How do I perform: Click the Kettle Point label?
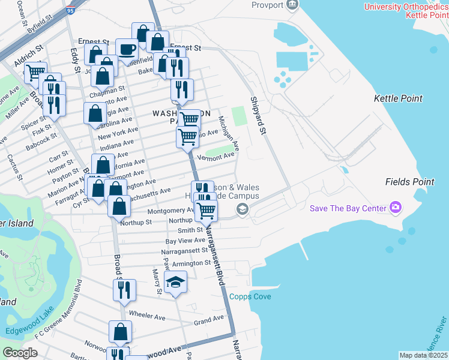(x=398, y=98)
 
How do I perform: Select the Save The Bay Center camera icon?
(x=396, y=208)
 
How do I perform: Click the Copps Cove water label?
(x=250, y=297)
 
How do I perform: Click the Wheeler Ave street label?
(x=147, y=316)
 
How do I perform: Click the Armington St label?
(x=191, y=263)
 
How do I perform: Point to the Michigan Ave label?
(x=229, y=133)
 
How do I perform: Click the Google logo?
(x=20, y=353)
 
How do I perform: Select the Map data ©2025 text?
(x=423, y=355)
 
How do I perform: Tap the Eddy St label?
(x=76, y=61)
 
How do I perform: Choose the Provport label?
(x=267, y=5)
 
